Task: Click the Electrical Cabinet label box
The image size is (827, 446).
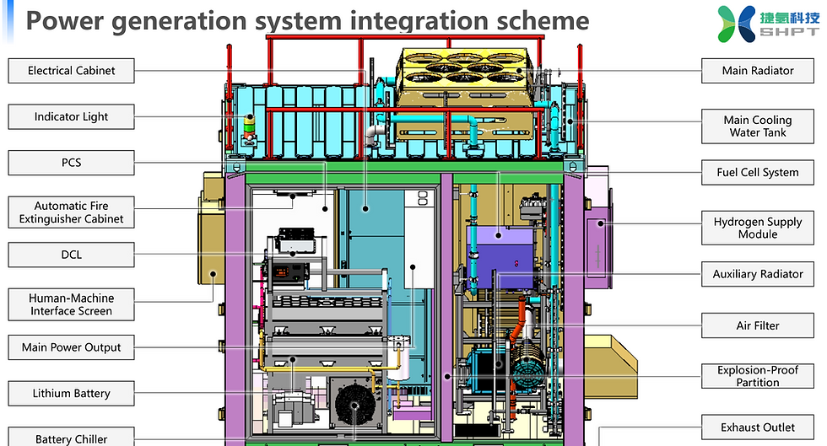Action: click(x=71, y=71)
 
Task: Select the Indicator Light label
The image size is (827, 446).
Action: click(x=71, y=116)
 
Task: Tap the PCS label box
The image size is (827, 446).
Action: click(x=71, y=162)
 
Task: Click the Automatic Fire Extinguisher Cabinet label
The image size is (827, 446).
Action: click(x=71, y=212)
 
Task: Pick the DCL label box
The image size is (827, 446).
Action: click(x=71, y=254)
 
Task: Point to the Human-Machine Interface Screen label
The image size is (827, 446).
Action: click(x=71, y=304)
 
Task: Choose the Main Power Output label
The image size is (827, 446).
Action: click(x=71, y=347)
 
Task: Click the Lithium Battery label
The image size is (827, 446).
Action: click(x=71, y=393)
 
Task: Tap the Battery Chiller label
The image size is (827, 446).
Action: click(x=71, y=438)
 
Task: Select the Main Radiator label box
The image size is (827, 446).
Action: click(x=757, y=71)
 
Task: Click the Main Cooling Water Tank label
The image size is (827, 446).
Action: click(x=757, y=126)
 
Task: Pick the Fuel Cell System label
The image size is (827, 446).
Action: click(x=757, y=172)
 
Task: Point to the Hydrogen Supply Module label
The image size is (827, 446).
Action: click(x=757, y=228)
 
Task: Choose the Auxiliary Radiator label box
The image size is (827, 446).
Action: click(x=757, y=274)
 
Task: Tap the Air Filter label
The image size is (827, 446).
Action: click(x=757, y=325)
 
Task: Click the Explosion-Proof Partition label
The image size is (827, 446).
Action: click(x=757, y=376)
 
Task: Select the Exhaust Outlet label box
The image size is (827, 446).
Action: click(x=757, y=427)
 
